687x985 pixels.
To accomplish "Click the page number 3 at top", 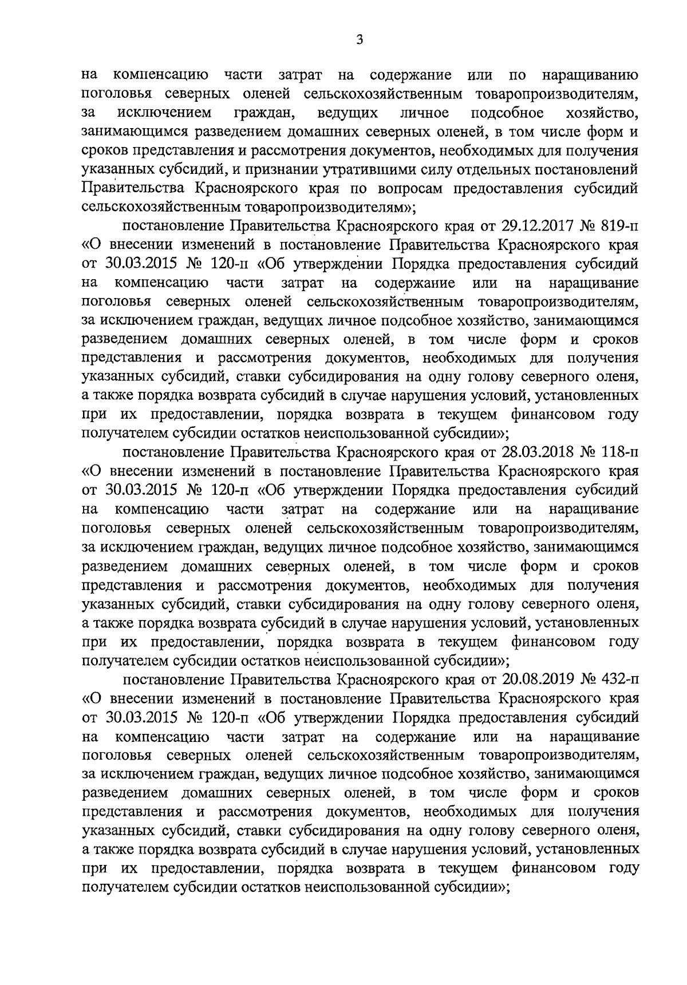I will [x=359, y=39].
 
